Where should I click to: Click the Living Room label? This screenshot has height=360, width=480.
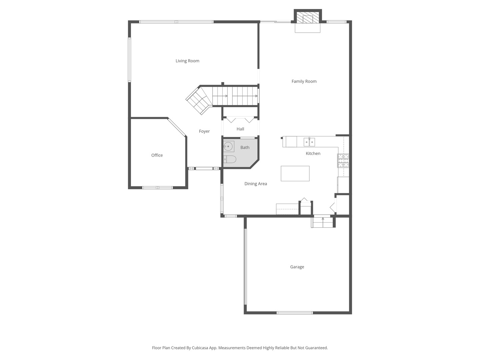(187, 61)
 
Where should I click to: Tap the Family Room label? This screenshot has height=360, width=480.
(304, 81)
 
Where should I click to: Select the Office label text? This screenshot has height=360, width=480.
(157, 155)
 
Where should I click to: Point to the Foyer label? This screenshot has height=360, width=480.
(204, 131)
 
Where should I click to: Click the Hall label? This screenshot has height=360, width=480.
(240, 129)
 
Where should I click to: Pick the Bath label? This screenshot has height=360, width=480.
(245, 147)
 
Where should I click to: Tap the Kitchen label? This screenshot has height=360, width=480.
(313, 154)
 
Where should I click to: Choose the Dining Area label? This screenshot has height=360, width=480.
(256, 184)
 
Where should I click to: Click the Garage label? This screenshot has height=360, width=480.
(297, 267)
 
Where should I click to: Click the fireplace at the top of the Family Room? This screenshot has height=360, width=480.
(308, 19)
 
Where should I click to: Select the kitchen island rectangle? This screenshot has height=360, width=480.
(295, 173)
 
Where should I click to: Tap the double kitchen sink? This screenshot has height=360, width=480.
(309, 142)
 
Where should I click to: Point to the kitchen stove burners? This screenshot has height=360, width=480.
(343, 160)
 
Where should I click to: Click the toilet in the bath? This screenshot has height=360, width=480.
(230, 159)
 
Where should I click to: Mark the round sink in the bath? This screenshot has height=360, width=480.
(228, 146)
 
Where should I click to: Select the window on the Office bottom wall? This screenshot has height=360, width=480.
(157, 188)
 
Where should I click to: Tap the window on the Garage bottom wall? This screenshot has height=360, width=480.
(295, 313)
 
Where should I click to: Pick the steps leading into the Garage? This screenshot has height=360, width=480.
(322, 222)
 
